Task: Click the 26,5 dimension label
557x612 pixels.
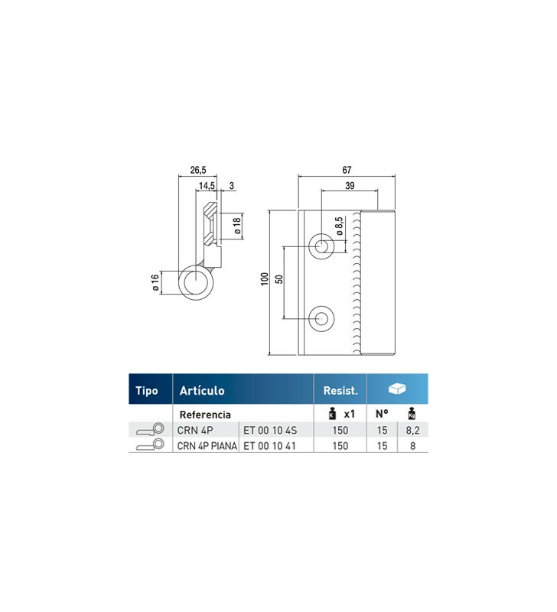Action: (198, 170)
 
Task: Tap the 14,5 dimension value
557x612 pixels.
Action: (207, 186)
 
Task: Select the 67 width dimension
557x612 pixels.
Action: (347, 170)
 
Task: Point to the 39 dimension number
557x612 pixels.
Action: (350, 186)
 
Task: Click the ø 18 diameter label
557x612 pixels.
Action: (237, 226)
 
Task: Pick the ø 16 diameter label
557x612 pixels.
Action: (155, 282)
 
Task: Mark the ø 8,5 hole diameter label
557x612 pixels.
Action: (339, 226)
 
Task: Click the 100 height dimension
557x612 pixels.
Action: (265, 279)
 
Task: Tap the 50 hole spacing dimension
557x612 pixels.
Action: (278, 279)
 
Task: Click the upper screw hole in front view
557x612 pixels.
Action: (321, 246)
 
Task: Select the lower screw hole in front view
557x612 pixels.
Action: (321, 318)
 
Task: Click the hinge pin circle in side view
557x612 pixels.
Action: (196, 282)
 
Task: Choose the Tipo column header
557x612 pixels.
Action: (147, 391)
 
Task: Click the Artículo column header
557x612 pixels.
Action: (202, 391)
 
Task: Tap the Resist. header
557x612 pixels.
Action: (340, 391)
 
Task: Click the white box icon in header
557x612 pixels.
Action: (397, 389)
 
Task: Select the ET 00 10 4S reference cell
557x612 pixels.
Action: (270, 430)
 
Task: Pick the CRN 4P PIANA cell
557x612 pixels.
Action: (207, 446)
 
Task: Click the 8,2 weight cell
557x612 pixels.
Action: (412, 430)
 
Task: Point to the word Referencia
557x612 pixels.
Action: (205, 415)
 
